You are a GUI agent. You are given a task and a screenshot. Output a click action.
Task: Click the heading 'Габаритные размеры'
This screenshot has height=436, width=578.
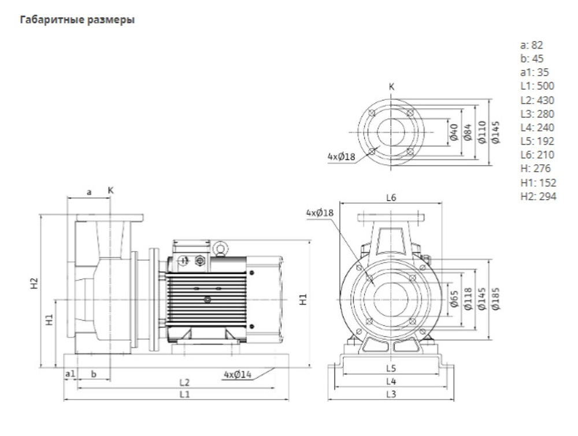pos(77,20)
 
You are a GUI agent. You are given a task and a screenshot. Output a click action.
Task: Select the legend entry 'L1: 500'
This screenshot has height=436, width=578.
pos(537,86)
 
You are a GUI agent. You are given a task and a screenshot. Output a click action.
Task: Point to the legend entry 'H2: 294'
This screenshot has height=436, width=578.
pos(538,196)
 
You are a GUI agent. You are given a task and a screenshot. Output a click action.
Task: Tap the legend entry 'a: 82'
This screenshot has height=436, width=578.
pos(532,45)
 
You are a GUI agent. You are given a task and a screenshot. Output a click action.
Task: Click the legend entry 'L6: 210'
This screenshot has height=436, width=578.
pos(537,155)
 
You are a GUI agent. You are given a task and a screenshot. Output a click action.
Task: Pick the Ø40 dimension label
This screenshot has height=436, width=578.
pos(454,132)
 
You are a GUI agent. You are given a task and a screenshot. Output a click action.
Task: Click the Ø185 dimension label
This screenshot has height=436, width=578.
pos(496,298)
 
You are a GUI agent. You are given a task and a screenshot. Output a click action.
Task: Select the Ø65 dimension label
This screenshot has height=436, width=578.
pos(454,299)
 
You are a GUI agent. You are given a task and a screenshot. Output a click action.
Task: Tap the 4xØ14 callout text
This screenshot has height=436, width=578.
pos(238,375)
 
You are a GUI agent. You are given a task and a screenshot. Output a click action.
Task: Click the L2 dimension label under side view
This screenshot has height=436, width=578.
pos(184,383)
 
